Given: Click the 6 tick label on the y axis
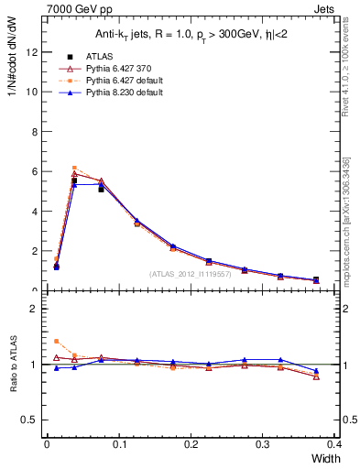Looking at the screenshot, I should (34, 171).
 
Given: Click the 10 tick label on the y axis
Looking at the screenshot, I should (31, 92).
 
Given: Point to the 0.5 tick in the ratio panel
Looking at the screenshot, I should (29, 420).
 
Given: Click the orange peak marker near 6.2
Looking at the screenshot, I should (74, 168).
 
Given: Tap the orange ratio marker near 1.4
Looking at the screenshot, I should (57, 341).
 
